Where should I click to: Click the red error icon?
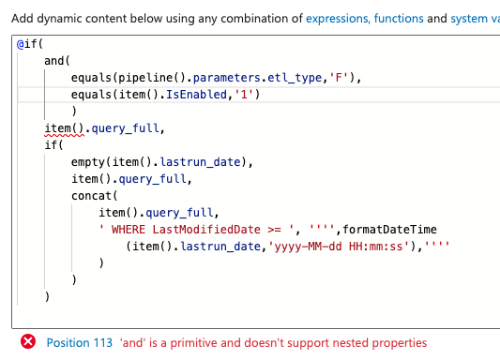point(28,343)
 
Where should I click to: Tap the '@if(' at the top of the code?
point(27,44)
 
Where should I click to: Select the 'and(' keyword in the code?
point(57,61)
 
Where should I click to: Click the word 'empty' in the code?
point(90,162)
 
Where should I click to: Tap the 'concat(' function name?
point(93,196)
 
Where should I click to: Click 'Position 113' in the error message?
point(79,343)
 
